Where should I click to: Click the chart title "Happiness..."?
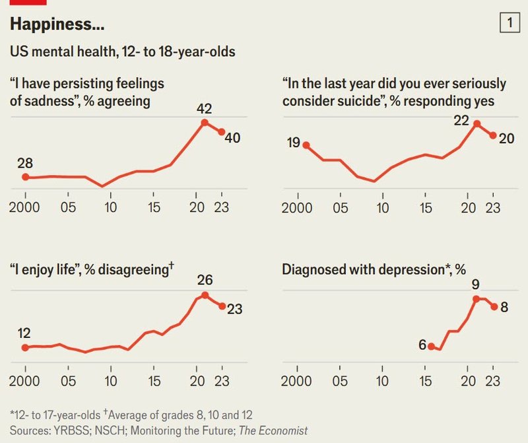[x=55, y=25]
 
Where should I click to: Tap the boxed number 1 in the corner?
[x=509, y=23]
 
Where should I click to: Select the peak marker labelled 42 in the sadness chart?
[x=205, y=122]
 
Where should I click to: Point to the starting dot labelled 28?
[x=25, y=177]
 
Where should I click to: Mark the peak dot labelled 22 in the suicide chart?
[x=477, y=123]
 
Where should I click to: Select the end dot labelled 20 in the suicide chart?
[x=493, y=135]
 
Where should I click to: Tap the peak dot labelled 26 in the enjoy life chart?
[x=205, y=294]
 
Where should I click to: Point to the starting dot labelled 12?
[x=25, y=347]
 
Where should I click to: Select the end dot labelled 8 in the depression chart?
[x=493, y=307]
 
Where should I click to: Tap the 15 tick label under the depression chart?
[x=426, y=381]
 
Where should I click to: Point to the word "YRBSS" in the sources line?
[x=71, y=429]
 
